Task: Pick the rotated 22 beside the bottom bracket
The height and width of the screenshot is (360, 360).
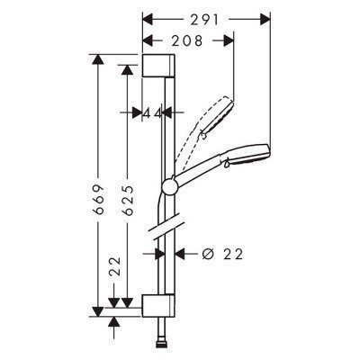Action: [114, 266]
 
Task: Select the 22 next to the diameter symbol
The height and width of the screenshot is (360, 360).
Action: [235, 255]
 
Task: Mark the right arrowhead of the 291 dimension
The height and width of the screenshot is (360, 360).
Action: [266, 16]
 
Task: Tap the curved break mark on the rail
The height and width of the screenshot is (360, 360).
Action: [165, 229]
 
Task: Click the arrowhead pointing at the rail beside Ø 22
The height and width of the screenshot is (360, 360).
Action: [176, 255]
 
